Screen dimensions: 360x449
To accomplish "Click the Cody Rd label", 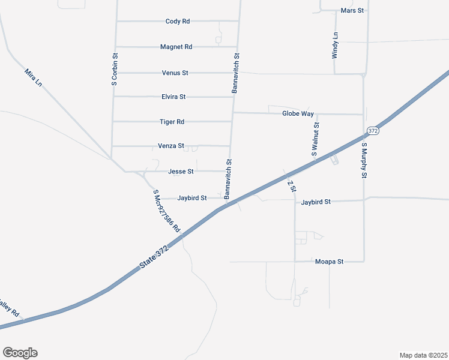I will coord(178,21).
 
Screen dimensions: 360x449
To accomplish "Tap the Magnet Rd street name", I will coord(176,47).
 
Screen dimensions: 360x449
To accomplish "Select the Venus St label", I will coord(175,73).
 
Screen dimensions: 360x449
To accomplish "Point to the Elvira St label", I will coord(173,96).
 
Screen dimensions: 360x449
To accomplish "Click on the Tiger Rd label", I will coord(172,122).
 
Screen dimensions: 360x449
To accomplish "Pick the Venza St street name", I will coord(170,146).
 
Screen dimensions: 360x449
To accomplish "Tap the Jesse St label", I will coord(181,172).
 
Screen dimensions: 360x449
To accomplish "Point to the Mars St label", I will coord(352,11).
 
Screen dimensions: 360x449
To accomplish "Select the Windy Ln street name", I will coord(336,45).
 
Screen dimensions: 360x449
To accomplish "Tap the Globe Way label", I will coord(298,113).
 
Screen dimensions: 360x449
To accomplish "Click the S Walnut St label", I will coord(315,140).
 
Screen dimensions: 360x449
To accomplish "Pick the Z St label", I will coord(292,186).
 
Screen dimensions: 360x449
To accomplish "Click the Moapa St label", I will coord(328,262).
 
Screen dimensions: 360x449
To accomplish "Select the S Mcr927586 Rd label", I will coord(166,211).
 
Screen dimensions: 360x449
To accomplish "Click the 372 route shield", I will coord(373,131).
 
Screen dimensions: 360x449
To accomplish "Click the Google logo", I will coord(20,353).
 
